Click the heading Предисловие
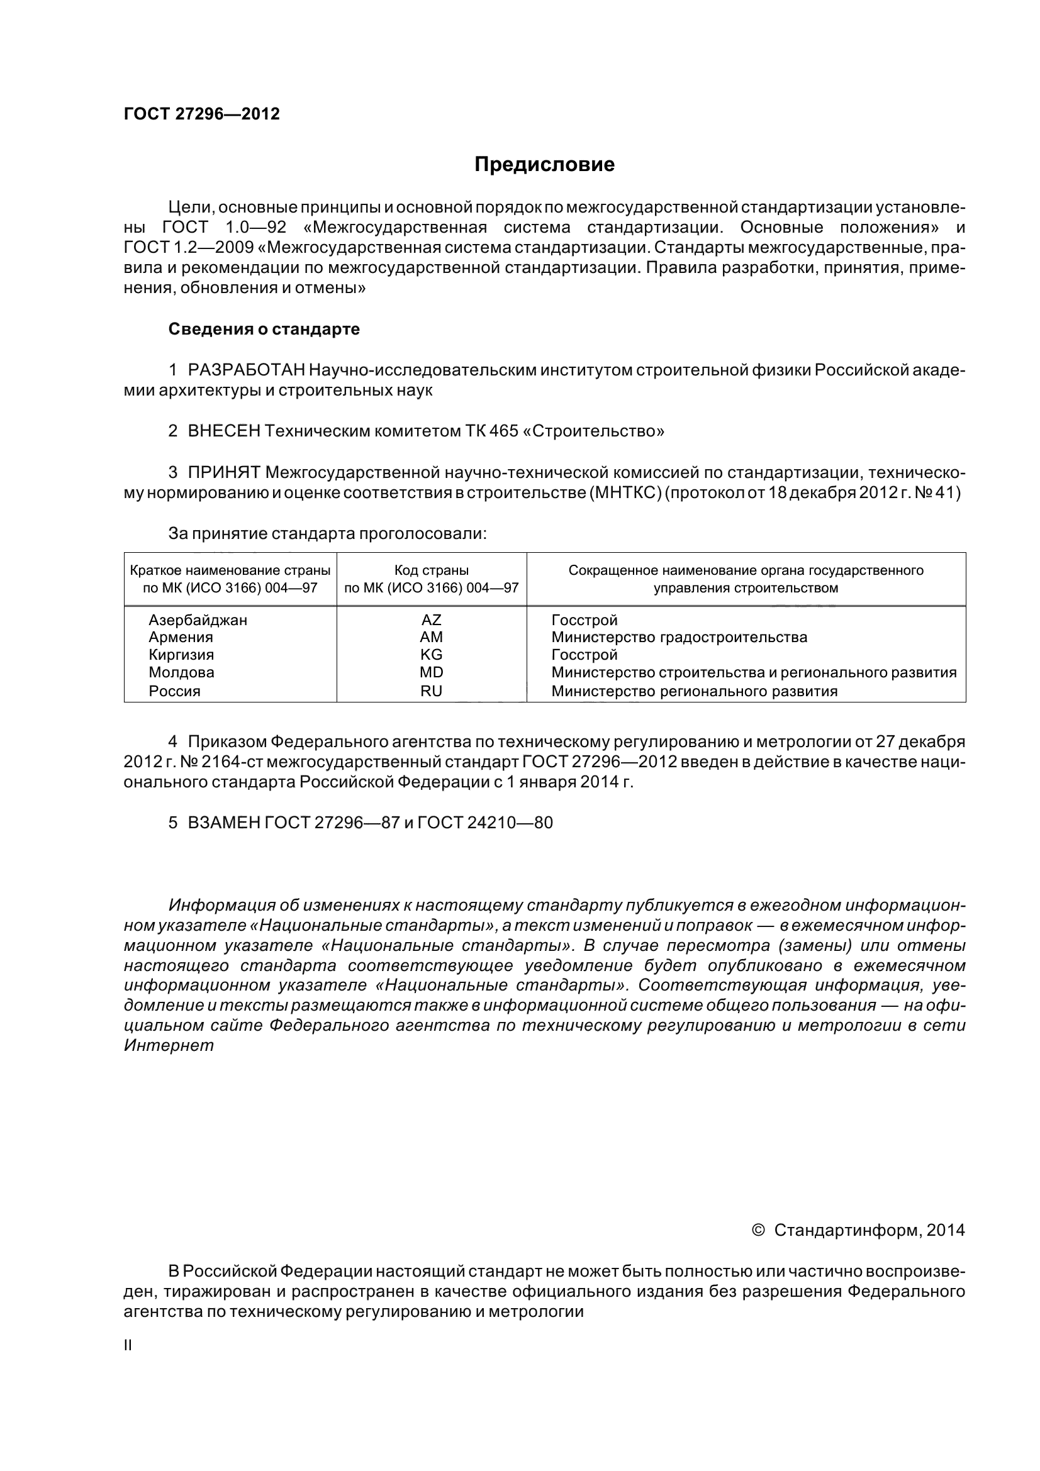coord(544,165)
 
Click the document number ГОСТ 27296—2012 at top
coord(202,114)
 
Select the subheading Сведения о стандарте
coord(264,330)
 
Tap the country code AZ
coord(431,619)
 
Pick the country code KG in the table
coord(431,655)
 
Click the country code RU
coord(431,691)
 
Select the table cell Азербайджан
coord(198,619)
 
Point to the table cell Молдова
coord(181,672)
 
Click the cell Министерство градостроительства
coord(679,637)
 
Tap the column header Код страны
coord(431,570)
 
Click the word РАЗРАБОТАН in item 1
coord(246,370)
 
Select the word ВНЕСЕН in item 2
coord(224,431)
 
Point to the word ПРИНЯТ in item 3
coord(224,472)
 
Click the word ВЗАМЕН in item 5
coord(225,823)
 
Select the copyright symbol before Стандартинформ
coord(758,1230)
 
